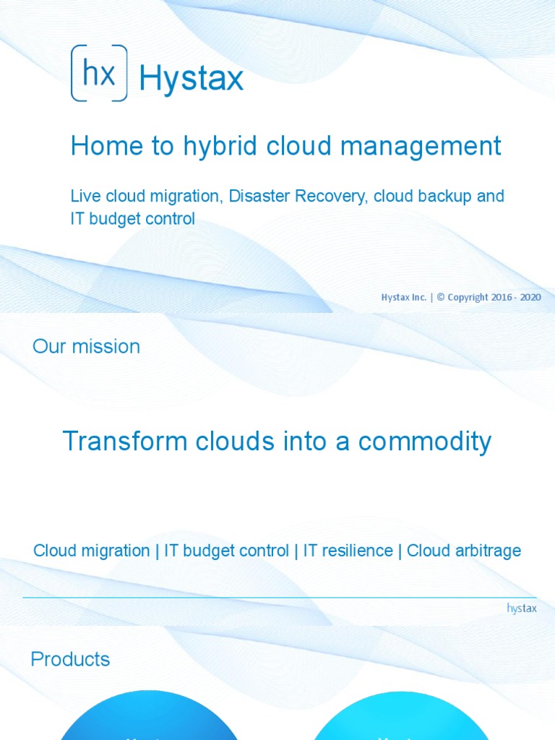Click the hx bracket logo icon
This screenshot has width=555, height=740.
(99, 73)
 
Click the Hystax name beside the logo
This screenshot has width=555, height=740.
(191, 78)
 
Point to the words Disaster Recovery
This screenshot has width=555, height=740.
(298, 196)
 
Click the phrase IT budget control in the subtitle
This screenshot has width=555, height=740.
(132, 219)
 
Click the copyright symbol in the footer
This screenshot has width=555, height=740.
(440, 297)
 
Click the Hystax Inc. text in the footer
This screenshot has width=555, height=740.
(404, 297)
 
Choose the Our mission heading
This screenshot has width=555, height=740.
(86, 346)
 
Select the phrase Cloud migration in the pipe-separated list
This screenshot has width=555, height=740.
(92, 551)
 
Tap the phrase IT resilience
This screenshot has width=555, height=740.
(348, 551)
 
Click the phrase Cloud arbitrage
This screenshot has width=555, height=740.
(464, 551)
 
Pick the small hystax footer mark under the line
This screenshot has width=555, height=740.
(522, 608)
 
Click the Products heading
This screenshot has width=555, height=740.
(70, 659)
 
